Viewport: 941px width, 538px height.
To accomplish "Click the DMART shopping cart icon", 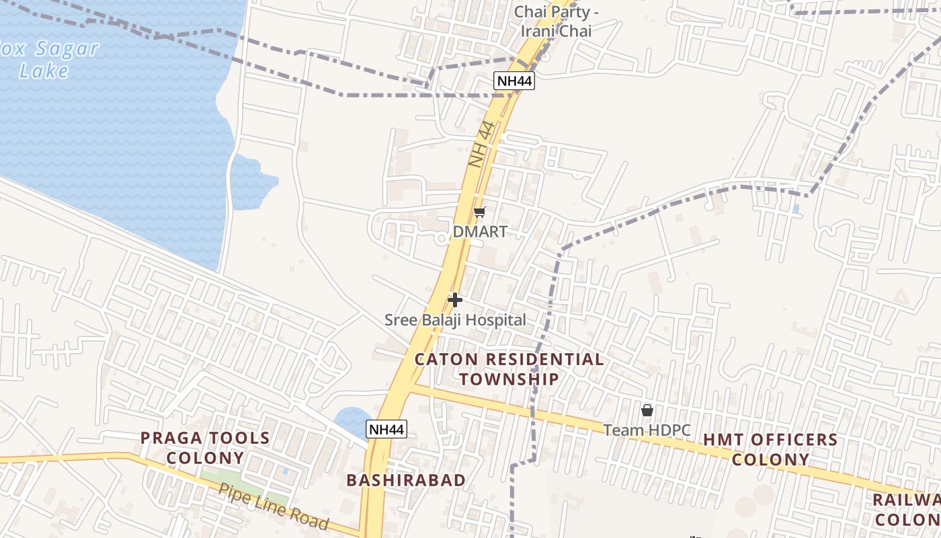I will point(479,213).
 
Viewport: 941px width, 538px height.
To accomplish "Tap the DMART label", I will point(479,232).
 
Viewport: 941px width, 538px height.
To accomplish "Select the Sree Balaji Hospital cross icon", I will point(455,299).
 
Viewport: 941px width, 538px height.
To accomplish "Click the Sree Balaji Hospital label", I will point(455,320).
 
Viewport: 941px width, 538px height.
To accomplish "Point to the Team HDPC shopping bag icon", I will point(647,410).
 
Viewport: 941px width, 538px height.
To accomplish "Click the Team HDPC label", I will point(647,430).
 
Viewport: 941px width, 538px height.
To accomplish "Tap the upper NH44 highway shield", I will point(514,81).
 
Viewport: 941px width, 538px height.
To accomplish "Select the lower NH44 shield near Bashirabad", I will point(387,429).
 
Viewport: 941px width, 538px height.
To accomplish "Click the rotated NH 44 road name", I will point(482,144).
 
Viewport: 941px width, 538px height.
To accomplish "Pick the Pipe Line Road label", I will point(273,506).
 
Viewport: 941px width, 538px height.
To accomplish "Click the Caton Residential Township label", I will point(509,369).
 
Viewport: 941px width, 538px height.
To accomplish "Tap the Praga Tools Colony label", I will point(205,448).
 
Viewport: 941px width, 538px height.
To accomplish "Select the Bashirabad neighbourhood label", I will point(406,480).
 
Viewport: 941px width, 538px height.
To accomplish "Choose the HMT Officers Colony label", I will point(770,449).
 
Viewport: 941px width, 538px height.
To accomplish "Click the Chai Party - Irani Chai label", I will point(557,22).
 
